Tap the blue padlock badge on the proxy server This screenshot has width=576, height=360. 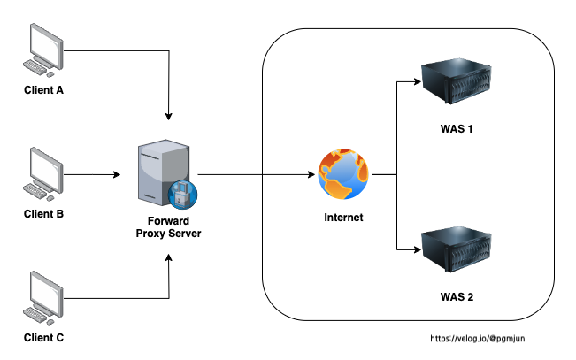coord(183,192)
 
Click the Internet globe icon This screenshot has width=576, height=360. coord(344,175)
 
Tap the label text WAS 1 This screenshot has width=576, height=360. coord(457,129)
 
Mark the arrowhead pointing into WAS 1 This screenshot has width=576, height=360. coord(416,82)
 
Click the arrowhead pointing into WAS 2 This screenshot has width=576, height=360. coord(416,249)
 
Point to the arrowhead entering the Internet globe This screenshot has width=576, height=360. coord(313,175)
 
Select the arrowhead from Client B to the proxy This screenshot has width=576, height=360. coord(117,175)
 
